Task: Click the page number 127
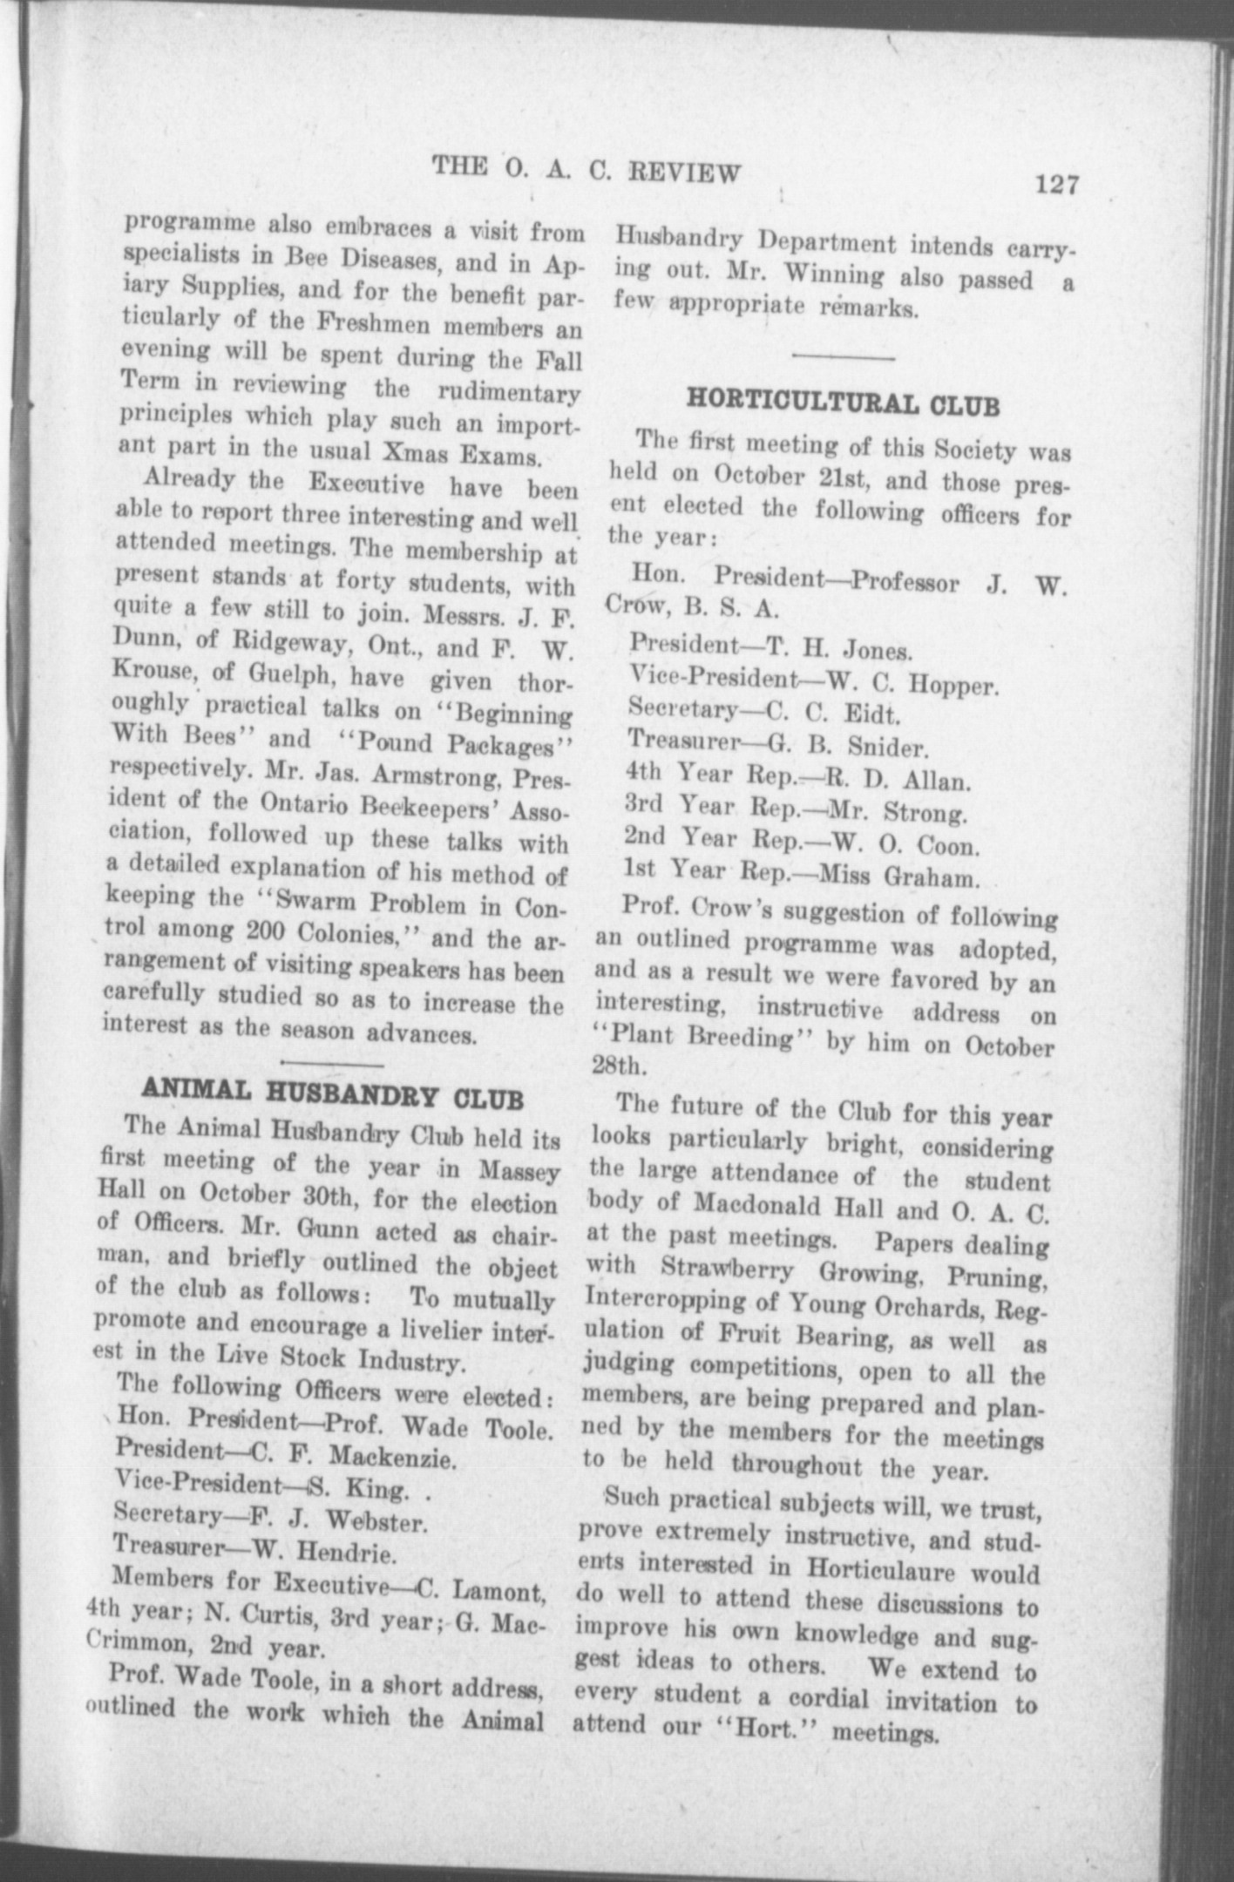(x=1057, y=186)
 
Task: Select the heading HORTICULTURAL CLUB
(x=843, y=404)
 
